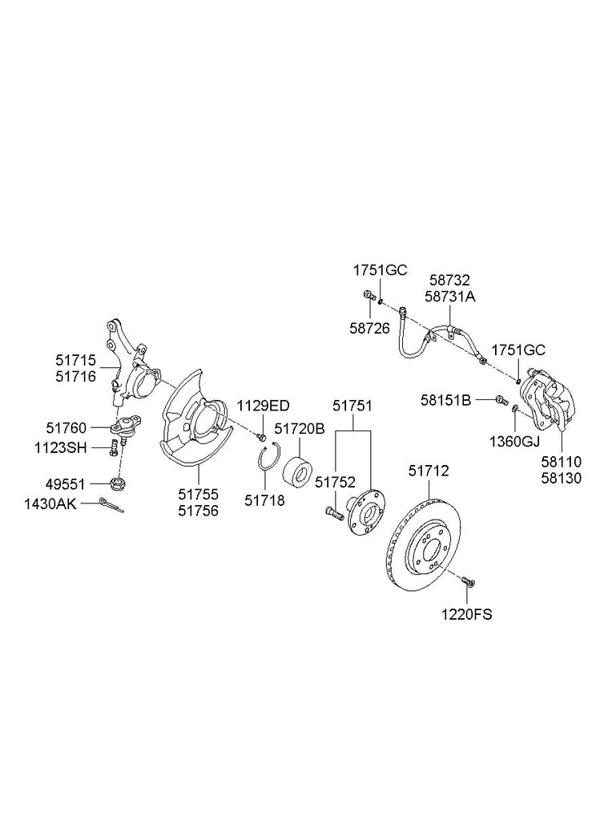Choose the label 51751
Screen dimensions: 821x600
click(353, 407)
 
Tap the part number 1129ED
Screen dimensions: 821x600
click(263, 406)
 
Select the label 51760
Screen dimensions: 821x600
click(67, 428)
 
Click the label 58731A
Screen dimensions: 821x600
click(450, 297)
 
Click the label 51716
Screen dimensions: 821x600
click(75, 375)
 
